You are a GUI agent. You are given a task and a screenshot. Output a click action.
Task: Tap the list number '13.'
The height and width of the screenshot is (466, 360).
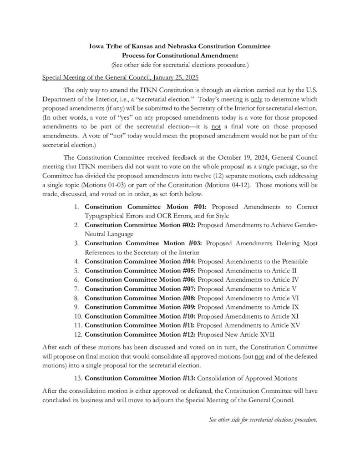[x=77, y=378]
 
